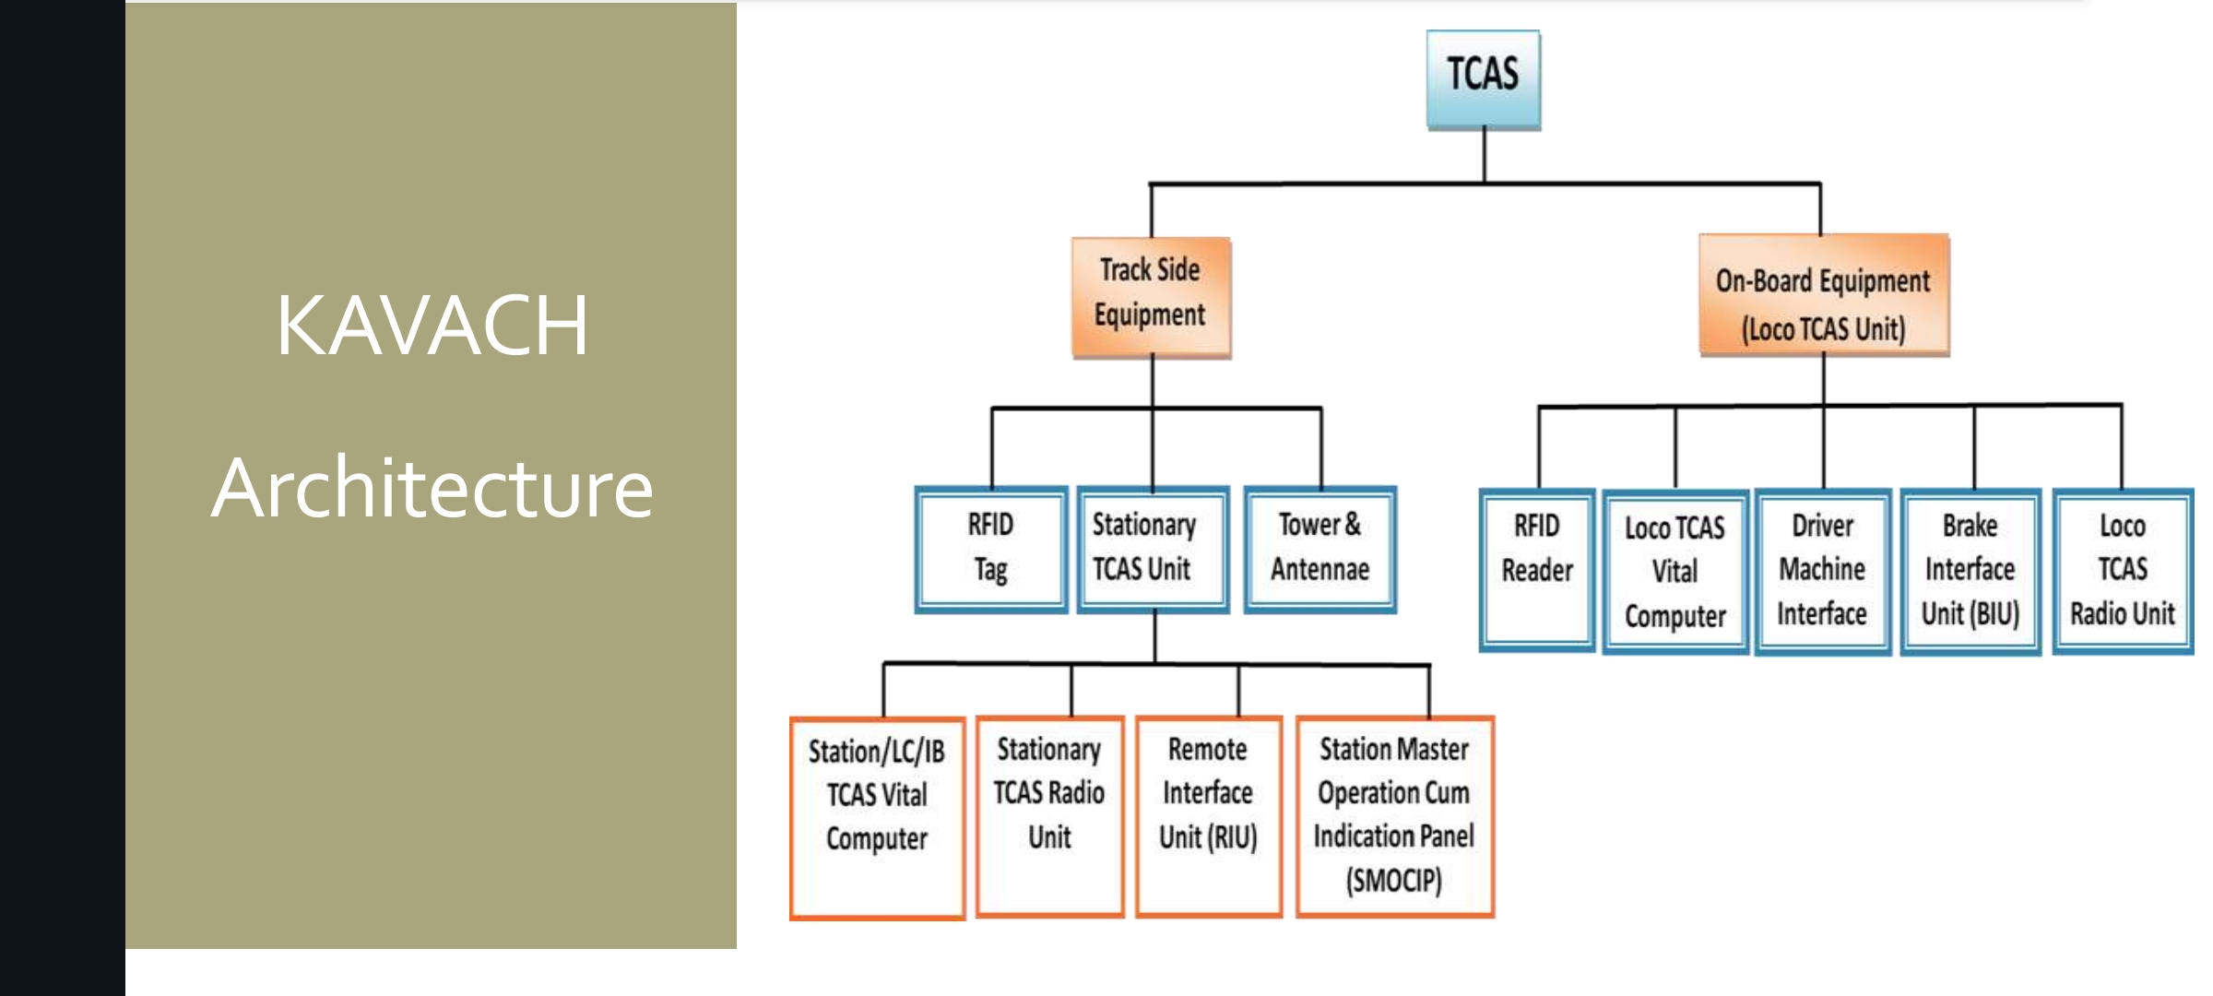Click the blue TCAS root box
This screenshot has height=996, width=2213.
coord(1483,79)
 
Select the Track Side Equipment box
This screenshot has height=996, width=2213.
coord(1151,297)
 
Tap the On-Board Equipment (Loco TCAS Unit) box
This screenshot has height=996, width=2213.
coord(1823,295)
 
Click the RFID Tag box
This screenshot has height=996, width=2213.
coord(990,549)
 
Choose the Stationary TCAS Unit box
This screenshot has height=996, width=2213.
coord(1152,549)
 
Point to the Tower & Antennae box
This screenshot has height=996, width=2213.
coord(1320,549)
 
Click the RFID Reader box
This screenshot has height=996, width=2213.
coord(1536,569)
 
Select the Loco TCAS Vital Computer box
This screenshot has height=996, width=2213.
coord(1675,572)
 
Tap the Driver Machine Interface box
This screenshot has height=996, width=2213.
coord(1822,572)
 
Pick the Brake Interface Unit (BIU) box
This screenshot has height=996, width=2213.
coord(1970,572)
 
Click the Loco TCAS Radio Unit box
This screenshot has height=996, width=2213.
coord(2122,572)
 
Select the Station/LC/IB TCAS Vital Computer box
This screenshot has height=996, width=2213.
coord(877,817)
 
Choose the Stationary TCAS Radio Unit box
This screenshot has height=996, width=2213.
coord(1049,815)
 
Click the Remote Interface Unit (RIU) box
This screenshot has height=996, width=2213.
coord(1208,815)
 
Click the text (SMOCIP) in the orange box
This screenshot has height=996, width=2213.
coord(1393,881)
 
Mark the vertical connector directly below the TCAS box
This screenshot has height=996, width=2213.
coord(1484,155)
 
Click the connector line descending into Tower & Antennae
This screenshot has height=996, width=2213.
coord(1320,447)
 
